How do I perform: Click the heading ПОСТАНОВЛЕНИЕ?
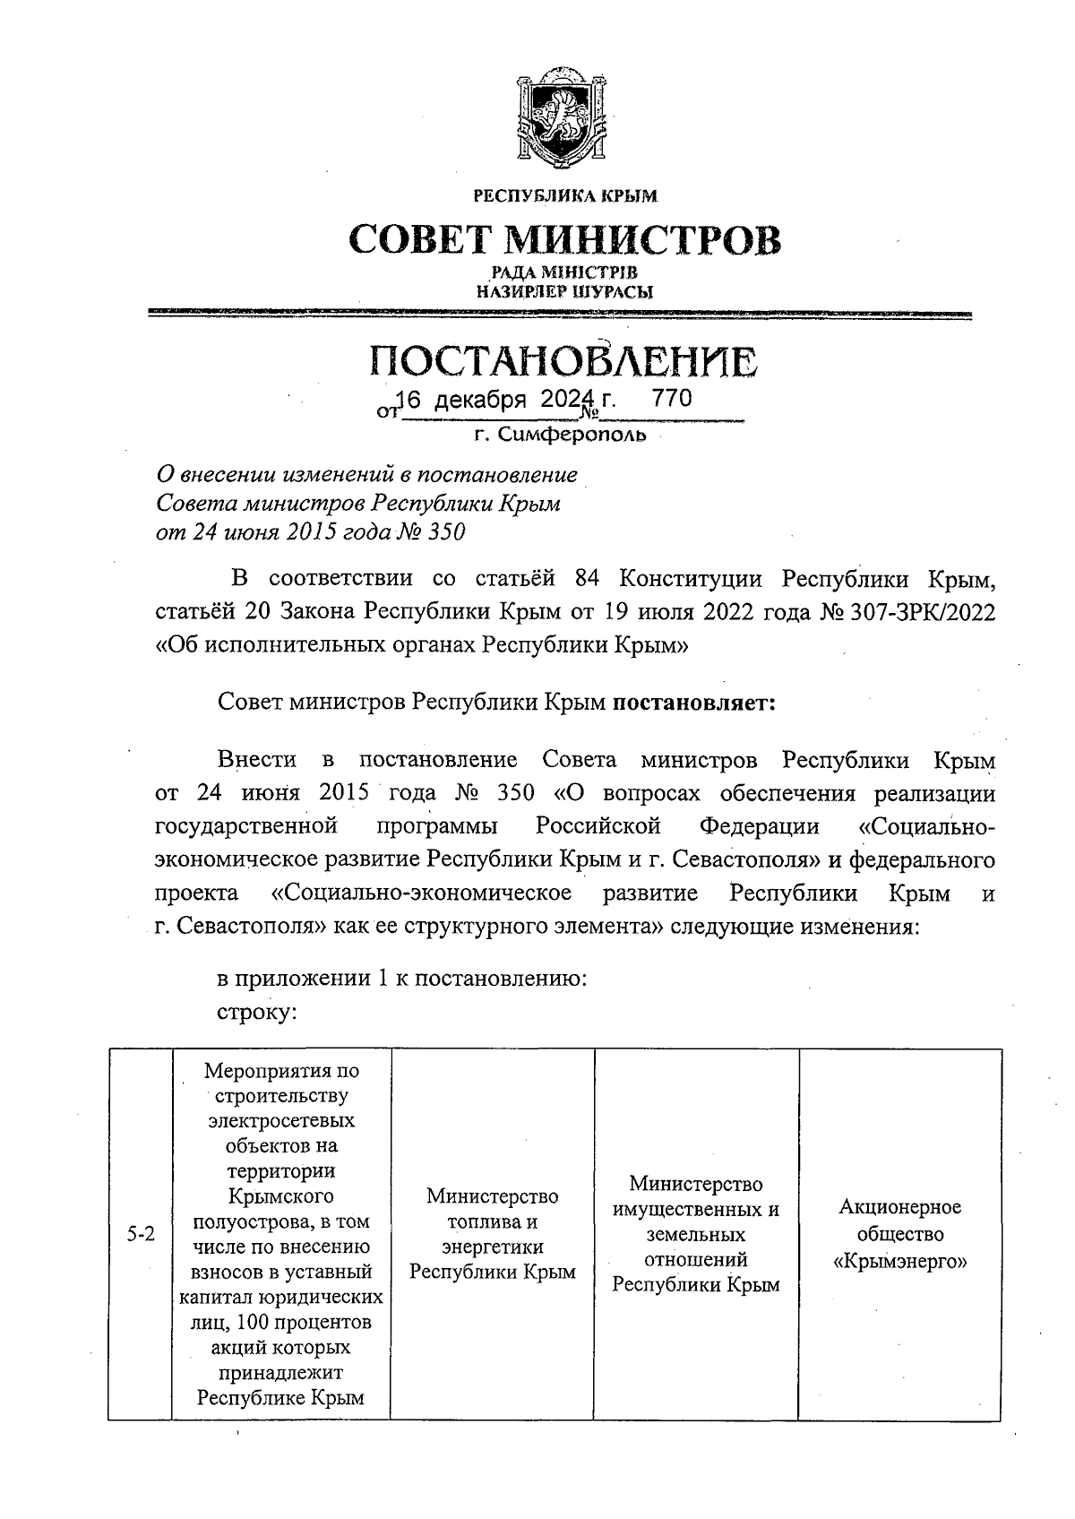(563, 361)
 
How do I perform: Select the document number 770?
(672, 400)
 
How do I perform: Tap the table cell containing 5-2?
(140, 1234)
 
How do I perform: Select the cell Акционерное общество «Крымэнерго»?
(899, 1234)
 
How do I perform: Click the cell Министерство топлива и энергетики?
(492, 1234)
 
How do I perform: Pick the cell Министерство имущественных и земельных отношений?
(695, 1234)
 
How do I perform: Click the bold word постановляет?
(693, 702)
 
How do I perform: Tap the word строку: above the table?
(257, 1012)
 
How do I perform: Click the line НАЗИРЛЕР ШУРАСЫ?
(564, 291)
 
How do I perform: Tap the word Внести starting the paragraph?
(257, 760)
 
